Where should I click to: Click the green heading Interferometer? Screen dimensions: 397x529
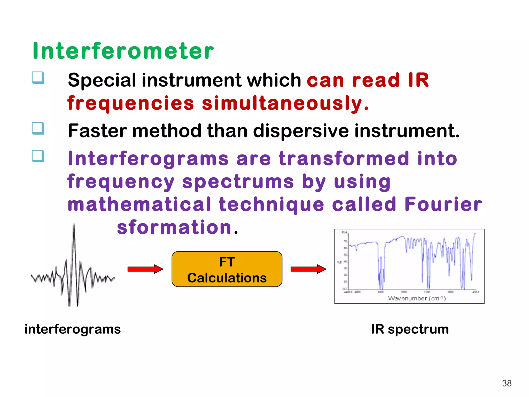pyautogui.click(x=123, y=51)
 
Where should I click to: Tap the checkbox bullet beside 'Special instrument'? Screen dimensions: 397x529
pyautogui.click(x=38, y=78)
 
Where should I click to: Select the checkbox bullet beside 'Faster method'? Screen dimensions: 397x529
pyautogui.click(x=38, y=128)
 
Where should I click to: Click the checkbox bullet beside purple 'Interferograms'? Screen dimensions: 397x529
pyautogui.click(x=38, y=156)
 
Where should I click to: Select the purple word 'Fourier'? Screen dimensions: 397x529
pyautogui.click(x=443, y=204)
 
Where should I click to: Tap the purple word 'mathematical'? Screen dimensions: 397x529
pyautogui.click(x=139, y=204)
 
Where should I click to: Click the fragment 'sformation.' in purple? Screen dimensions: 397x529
pyautogui.click(x=177, y=227)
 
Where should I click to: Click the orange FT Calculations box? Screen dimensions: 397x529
pyautogui.click(x=227, y=269)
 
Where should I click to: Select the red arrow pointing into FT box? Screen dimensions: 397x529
pyautogui.click(x=145, y=269)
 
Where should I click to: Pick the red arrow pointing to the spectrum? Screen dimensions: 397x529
pyautogui.click(x=308, y=269)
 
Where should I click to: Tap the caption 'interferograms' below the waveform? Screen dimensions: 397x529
pyautogui.click(x=73, y=329)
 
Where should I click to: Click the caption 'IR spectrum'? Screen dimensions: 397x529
pyautogui.click(x=410, y=329)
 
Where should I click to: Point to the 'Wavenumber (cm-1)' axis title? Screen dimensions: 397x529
pyautogui.click(x=416, y=298)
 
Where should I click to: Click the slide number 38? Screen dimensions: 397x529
pyautogui.click(x=507, y=383)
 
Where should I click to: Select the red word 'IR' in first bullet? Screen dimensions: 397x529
pyautogui.click(x=418, y=80)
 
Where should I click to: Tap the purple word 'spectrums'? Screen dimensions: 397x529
pyautogui.click(x=238, y=181)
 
